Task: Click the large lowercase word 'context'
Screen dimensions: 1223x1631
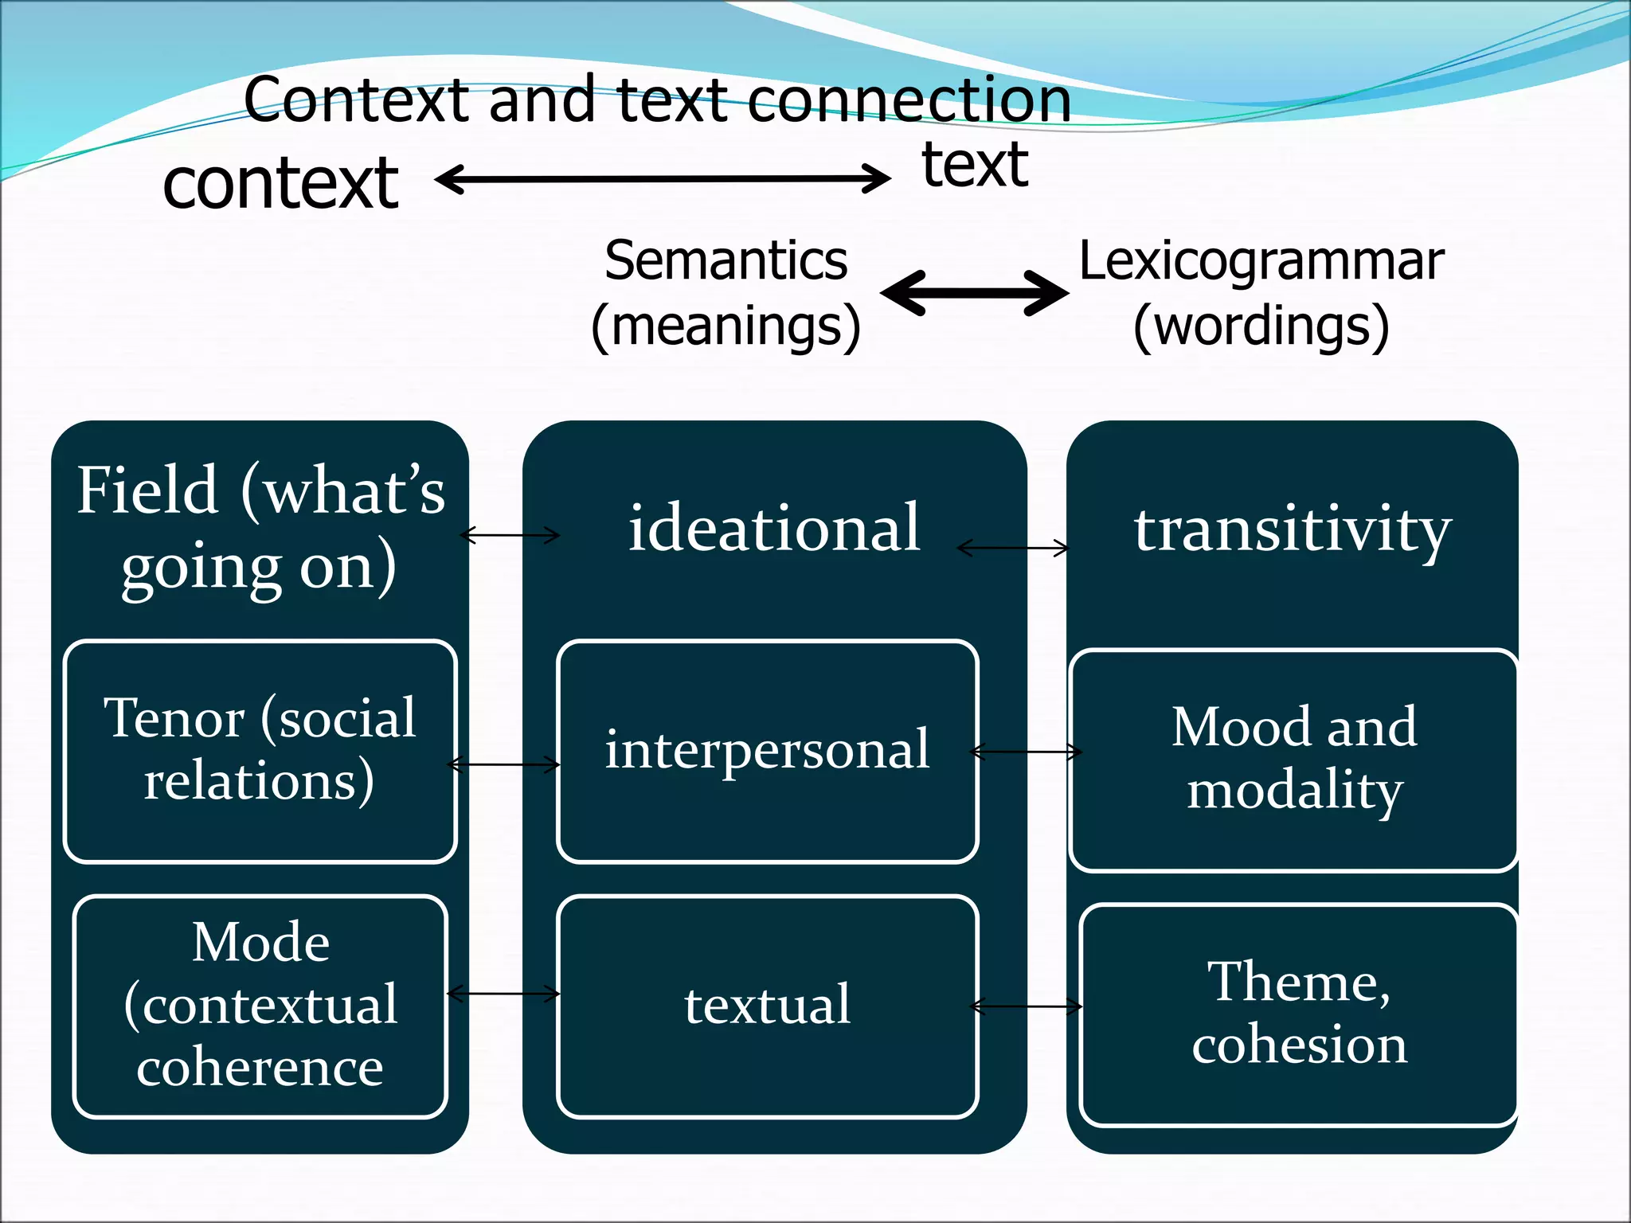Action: [280, 183]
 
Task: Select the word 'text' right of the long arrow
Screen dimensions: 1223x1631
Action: [975, 165]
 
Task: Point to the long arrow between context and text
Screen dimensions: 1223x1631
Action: [663, 178]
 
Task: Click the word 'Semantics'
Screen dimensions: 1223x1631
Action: [726, 261]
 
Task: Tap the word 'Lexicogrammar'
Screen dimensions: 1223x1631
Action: [1261, 261]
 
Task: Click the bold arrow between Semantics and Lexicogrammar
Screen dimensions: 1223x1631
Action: [974, 293]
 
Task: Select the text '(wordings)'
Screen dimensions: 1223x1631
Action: [1261, 326]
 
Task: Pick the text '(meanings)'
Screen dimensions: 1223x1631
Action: [726, 326]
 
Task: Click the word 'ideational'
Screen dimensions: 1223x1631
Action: [774, 527]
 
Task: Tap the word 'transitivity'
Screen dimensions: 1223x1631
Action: [1293, 529]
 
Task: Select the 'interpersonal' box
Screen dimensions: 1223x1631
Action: [767, 750]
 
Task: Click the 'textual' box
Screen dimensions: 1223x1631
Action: [767, 1006]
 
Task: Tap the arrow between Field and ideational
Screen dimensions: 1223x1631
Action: [510, 535]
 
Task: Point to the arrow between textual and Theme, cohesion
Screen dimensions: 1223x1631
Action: [1026, 1006]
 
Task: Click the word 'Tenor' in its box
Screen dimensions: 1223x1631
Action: [174, 718]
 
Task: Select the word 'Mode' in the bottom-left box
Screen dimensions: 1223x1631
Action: [260, 943]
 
